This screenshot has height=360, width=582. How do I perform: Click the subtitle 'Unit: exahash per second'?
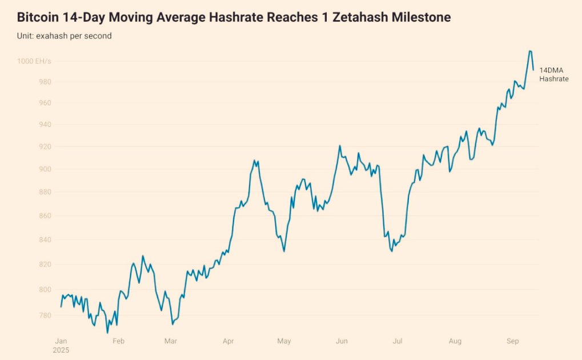pos(64,36)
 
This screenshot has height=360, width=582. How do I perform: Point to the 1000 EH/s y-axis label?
pos(34,61)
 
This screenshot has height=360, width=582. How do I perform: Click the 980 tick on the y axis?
pos(45,82)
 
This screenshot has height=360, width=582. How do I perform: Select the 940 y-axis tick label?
pos(45,125)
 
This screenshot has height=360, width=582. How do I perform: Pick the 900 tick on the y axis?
pos(45,169)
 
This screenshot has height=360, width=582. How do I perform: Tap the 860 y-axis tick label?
pos(45,216)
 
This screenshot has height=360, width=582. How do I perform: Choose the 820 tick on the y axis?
pos(45,265)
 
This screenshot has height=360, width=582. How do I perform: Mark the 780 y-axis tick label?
pos(45,315)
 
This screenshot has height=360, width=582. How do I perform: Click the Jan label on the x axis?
pos(61,341)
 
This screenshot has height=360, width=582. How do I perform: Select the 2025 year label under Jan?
pos(61,350)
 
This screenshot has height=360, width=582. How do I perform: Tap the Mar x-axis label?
pos(170,341)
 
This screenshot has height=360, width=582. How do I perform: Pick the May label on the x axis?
pos(284,341)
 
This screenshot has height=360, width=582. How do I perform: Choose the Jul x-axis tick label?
pos(398,341)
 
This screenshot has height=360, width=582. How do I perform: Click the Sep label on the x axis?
pos(512,341)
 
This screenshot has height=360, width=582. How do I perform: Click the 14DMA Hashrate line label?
pos(553,74)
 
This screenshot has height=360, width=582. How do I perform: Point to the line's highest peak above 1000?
pos(530,51)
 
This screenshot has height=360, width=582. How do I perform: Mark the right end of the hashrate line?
pos(533,70)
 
